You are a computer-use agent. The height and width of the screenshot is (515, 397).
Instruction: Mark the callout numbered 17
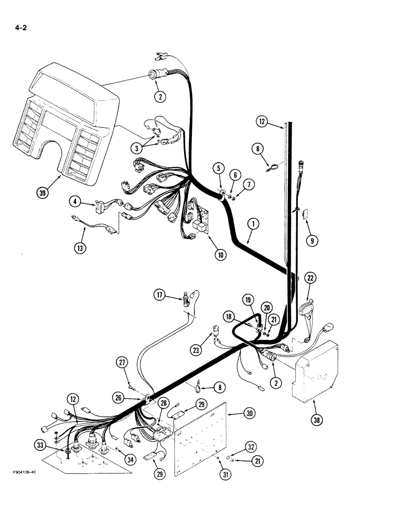click(x=159, y=295)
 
